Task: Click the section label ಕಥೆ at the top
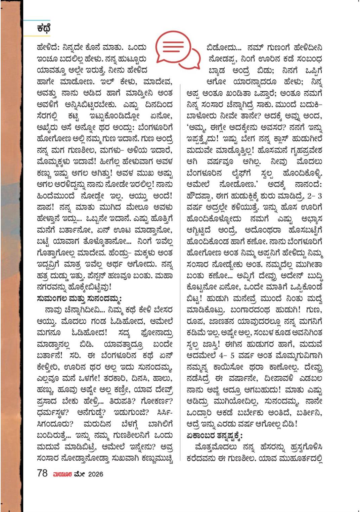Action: point(44,29)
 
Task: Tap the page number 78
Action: point(42,473)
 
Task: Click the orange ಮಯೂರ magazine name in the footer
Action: point(62,474)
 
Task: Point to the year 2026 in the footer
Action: point(95,474)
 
